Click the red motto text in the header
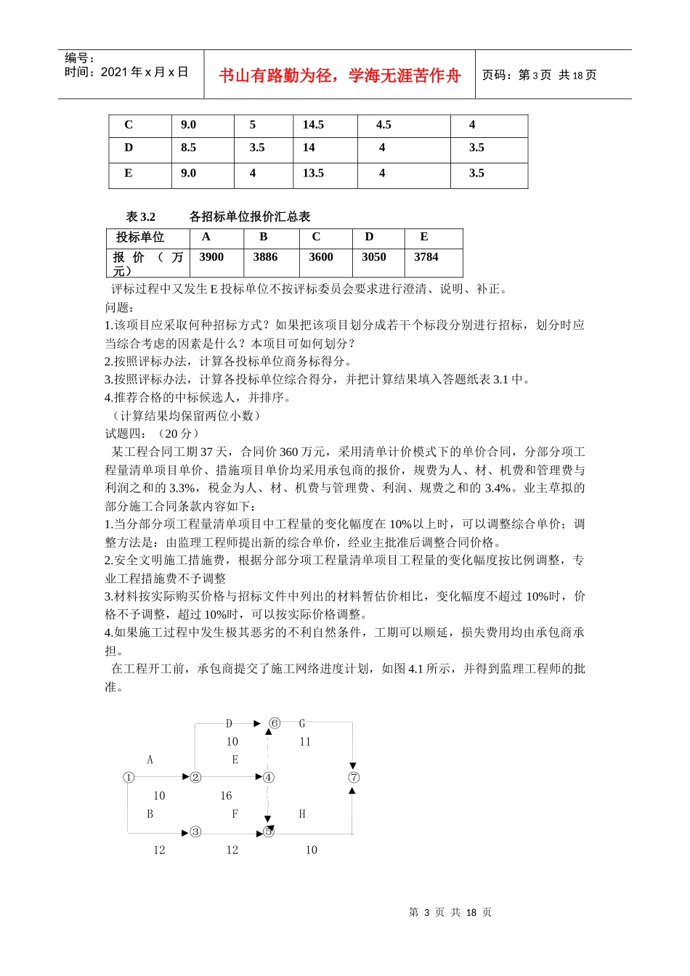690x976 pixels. point(339,76)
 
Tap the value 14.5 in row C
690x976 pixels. point(313,125)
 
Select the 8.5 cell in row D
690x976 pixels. point(189,147)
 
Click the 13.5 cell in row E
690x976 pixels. point(313,173)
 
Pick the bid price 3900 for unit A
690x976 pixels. point(211,257)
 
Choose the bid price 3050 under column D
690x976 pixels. point(373,257)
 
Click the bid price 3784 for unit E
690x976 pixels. point(426,257)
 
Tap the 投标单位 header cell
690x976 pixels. point(140,237)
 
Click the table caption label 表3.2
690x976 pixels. point(141,216)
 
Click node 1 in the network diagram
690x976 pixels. point(129,777)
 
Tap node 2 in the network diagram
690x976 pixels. point(195,777)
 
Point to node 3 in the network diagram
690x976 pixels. point(195,831)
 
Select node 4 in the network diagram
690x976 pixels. point(268,777)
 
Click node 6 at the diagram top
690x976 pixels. point(275,723)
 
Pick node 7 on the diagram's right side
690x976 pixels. point(353,777)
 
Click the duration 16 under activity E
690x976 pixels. point(226,796)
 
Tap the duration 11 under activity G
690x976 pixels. point(305,741)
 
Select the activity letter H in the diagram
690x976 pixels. point(302,814)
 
